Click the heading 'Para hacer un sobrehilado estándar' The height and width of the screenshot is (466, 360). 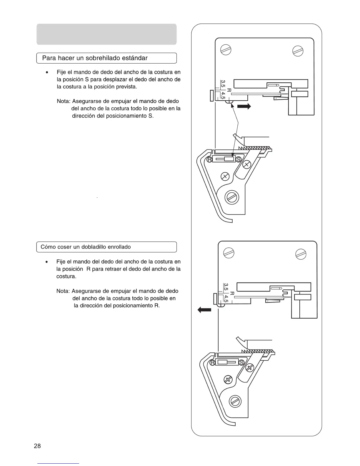pos(95,58)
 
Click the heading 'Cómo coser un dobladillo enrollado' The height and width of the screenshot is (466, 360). pos(86,247)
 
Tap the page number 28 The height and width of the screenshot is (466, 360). pos(37,446)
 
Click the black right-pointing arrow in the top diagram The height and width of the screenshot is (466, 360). pos(244,106)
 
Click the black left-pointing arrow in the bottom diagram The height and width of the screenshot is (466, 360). pos(204,309)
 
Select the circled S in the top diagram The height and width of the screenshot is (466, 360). pos(239,159)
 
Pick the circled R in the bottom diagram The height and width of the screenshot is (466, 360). pos(213,362)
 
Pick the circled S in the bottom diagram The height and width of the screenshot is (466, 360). pos(242,362)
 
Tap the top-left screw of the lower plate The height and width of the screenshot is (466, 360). pos(229,253)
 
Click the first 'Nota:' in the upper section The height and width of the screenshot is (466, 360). pos(63,101)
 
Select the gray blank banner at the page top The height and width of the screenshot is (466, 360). pos(106,34)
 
